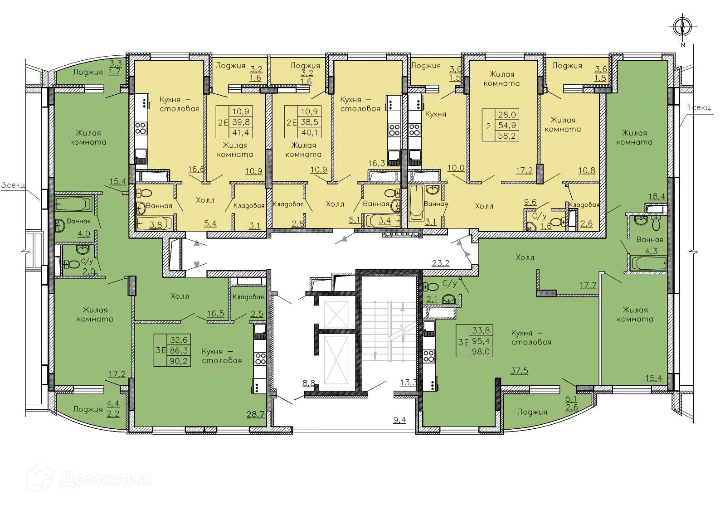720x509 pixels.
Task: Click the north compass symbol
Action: pos(681,27)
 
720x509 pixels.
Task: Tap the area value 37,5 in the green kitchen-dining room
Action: pos(519,370)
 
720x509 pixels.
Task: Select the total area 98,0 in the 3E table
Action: pos(481,351)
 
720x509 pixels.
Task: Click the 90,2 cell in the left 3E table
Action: pos(179,361)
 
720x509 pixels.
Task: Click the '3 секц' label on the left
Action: pos(13,185)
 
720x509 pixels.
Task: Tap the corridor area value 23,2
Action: pos(441,262)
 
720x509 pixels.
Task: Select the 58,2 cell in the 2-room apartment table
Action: pos(507,136)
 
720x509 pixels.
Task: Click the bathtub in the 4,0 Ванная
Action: pos(73,204)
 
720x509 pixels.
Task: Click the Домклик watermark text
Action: pos(104,479)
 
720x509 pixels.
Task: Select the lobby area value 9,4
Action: pos(399,420)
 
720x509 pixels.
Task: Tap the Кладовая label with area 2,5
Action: pos(248,297)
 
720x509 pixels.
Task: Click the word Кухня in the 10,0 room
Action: pos(435,114)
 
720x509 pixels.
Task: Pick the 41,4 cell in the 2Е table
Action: pos(241,132)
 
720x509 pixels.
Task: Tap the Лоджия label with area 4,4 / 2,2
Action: pos(88,409)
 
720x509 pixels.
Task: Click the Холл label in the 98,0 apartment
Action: pos(525,257)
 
